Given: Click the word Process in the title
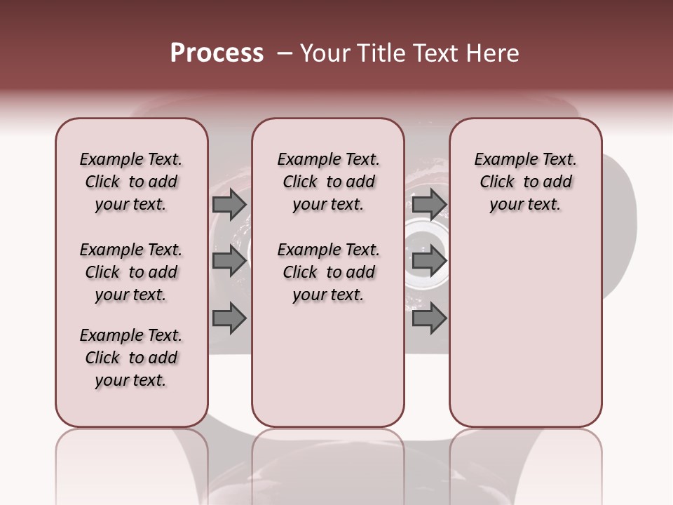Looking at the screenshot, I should (x=217, y=53).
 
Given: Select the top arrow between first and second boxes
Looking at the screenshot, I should (x=229, y=204).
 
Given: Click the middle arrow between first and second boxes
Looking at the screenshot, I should (x=229, y=261).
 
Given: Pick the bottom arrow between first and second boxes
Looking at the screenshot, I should (x=229, y=318).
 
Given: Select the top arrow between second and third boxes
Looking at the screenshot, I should (x=429, y=204).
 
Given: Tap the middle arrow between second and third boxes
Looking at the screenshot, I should (x=429, y=261).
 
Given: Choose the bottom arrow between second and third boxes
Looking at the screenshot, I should (x=429, y=318).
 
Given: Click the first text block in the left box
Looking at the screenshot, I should (x=131, y=182).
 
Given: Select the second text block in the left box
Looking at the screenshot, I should (x=131, y=272).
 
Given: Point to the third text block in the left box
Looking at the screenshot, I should (x=131, y=358).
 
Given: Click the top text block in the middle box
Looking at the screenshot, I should (x=328, y=182).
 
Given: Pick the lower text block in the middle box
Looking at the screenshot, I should (x=328, y=272).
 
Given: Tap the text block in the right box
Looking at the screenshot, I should (x=525, y=182).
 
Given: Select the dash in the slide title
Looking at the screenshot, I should (x=285, y=53).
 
